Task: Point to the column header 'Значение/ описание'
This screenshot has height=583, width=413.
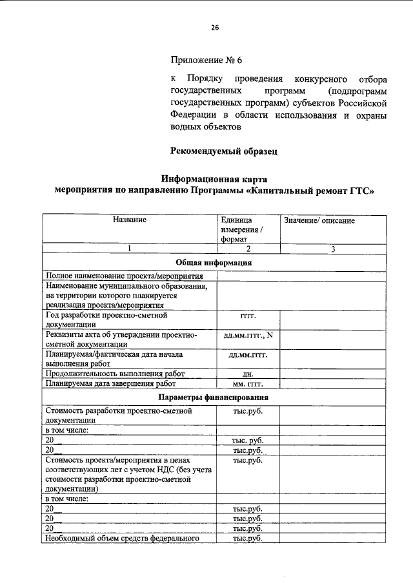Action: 319,221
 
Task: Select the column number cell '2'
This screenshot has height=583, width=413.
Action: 248,249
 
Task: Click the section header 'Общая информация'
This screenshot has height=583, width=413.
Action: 214,262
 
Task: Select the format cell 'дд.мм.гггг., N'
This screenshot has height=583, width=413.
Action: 248,335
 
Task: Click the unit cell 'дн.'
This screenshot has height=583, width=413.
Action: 248,374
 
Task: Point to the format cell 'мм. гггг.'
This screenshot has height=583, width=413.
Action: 248,384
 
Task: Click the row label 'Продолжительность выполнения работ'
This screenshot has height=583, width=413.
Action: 115,374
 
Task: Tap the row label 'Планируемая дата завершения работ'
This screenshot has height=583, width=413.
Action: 111,384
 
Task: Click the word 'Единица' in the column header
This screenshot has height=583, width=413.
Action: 236,220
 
